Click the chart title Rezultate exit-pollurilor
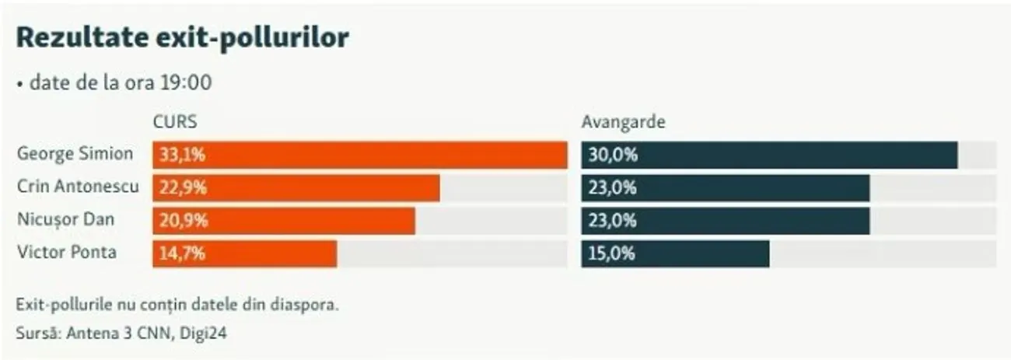tap(182, 37)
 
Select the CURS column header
tap(175, 122)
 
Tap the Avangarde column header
tap(623, 122)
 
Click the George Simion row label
tap(75, 154)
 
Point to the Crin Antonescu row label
tap(78, 187)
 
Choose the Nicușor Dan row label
tap(65, 220)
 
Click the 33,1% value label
tap(182, 155)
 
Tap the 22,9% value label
tap(182, 187)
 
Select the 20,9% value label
tap(182, 221)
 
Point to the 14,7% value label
tap(182, 253)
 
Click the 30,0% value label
tap(612, 155)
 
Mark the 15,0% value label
tap(612, 253)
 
